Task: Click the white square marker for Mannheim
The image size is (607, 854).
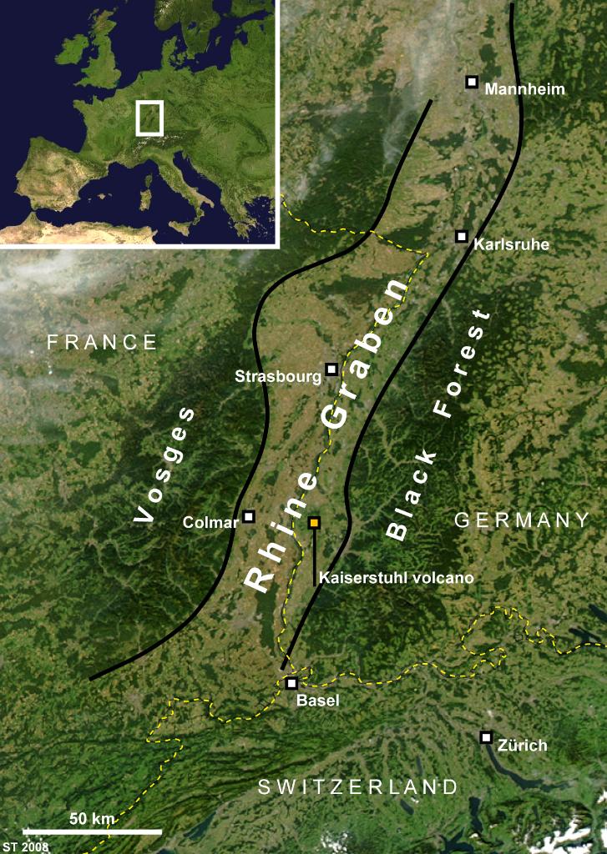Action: [472, 82]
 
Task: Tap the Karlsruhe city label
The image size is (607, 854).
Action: [512, 245]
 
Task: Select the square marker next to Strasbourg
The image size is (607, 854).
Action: [331, 369]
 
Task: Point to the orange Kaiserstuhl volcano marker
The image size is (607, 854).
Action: [314, 523]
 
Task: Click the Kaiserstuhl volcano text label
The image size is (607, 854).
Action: [397, 577]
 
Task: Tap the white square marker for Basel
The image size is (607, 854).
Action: [291, 683]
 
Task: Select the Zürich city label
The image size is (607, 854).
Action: [520, 746]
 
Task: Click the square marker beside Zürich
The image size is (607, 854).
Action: [486, 737]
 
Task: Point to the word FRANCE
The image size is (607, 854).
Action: [102, 342]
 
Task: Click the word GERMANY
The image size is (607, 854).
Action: [522, 520]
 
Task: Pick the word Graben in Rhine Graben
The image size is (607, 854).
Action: [367, 354]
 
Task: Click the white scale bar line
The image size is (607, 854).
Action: [92, 831]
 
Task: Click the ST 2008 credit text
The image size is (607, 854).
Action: [25, 847]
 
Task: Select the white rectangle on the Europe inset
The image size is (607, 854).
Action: [149, 118]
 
